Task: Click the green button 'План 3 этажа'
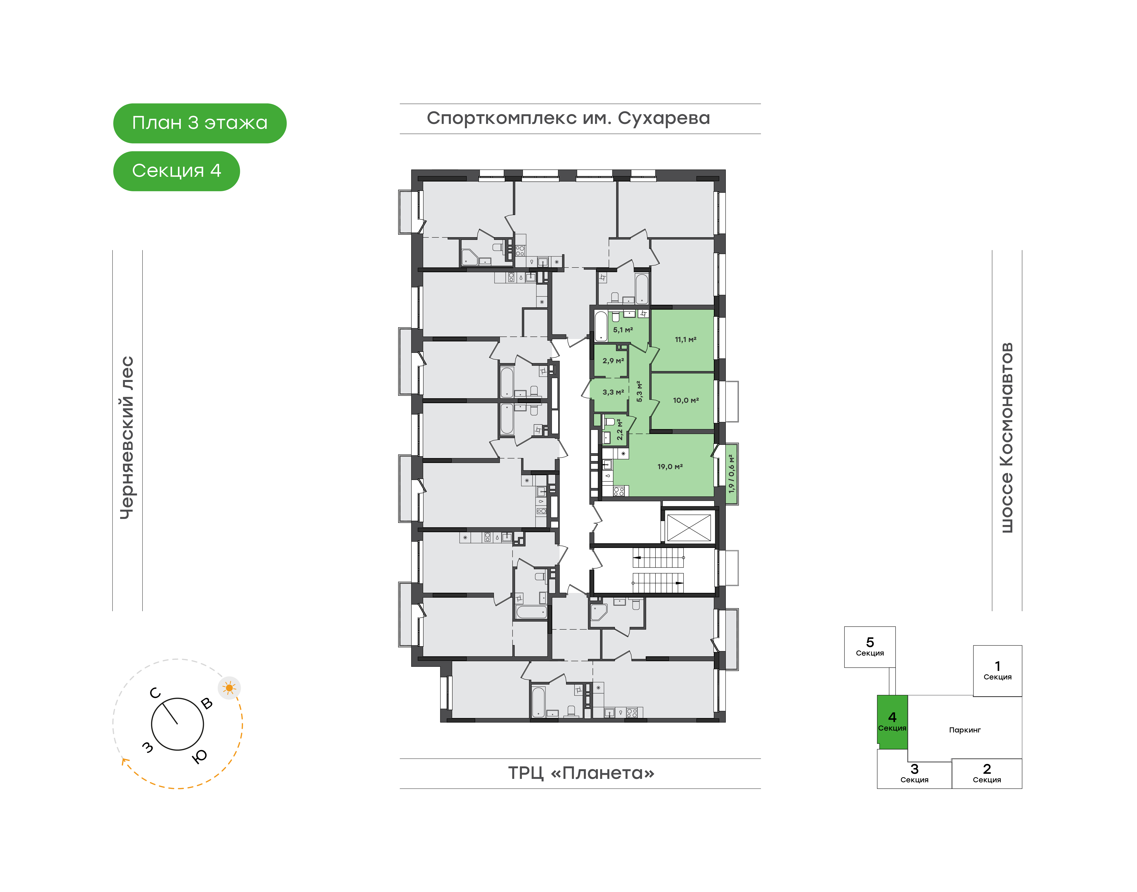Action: coord(200,123)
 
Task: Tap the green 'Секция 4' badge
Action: coord(177,171)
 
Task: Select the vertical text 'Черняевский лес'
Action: coord(127,438)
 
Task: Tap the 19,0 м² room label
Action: coord(670,466)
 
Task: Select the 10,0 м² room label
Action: coord(686,400)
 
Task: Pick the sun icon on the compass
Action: coord(229,688)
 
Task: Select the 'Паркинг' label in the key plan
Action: coord(965,730)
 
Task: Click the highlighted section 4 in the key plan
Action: coord(892,722)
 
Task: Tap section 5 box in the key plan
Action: coord(870,647)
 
